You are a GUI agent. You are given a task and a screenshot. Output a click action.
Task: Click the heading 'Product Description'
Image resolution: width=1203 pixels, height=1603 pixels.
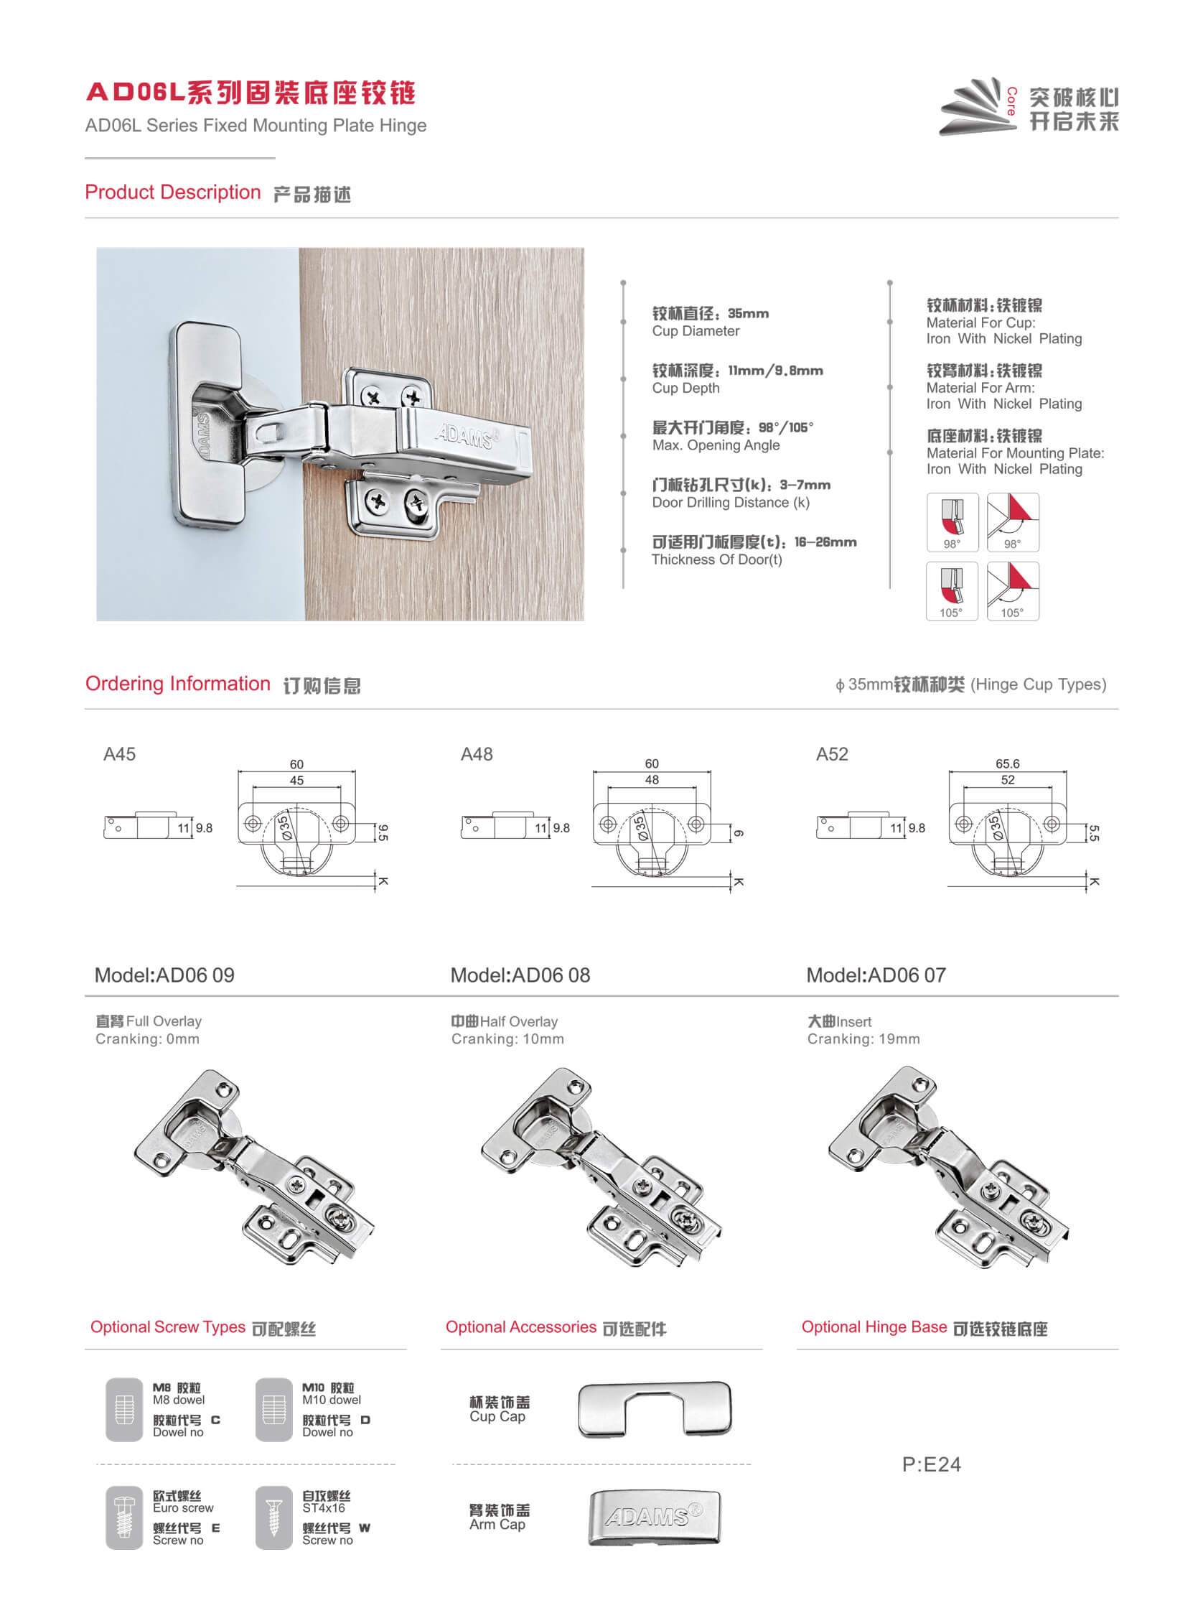(x=172, y=192)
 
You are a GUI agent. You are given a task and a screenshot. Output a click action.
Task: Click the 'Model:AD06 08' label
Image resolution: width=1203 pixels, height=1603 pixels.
(x=519, y=975)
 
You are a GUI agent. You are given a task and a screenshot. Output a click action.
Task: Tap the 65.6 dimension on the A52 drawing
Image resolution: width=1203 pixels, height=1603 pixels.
(x=1007, y=764)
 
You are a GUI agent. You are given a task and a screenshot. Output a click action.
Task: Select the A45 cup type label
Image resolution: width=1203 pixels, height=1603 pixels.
(x=119, y=754)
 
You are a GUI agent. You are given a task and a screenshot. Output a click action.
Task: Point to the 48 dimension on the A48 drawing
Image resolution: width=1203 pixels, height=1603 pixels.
(x=651, y=781)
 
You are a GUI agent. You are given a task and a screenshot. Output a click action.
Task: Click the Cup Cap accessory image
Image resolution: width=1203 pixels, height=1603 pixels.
(x=654, y=1409)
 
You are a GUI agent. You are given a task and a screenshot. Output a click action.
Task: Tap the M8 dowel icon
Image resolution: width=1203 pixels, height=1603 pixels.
(x=124, y=1409)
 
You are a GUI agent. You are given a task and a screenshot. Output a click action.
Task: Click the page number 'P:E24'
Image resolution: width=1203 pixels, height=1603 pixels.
(x=931, y=1464)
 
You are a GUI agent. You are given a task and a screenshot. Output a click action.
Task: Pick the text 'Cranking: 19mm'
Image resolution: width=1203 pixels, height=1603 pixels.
(x=863, y=1039)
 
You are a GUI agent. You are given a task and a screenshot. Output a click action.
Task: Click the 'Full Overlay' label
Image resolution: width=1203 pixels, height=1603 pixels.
(x=163, y=1021)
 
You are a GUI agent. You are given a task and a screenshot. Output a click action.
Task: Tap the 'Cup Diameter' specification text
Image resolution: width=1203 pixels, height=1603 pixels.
(x=696, y=331)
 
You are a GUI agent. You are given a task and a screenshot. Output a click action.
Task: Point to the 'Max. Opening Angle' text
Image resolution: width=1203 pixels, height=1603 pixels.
(x=716, y=446)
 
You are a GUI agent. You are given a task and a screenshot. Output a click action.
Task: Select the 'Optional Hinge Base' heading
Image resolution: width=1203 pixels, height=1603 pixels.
(x=874, y=1327)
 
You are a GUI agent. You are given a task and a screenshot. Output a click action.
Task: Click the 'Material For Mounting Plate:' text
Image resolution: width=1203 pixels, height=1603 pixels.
(x=1015, y=454)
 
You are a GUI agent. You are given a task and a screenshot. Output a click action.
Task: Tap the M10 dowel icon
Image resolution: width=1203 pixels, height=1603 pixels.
(x=273, y=1409)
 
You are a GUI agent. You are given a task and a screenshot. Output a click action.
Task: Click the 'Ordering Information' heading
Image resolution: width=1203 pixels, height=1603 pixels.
(x=177, y=684)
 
